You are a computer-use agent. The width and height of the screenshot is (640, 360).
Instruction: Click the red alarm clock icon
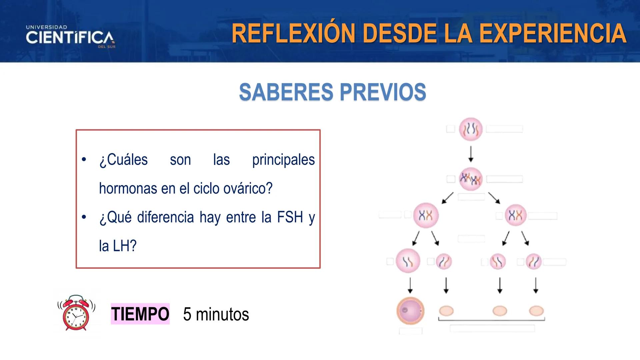point(76,313)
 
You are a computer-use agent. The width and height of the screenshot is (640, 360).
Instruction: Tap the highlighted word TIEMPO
point(140,314)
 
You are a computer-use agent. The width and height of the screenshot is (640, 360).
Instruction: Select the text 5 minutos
point(216,314)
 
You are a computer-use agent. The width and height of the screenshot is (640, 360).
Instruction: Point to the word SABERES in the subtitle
point(286,92)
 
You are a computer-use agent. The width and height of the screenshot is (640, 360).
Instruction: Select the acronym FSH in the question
point(290,217)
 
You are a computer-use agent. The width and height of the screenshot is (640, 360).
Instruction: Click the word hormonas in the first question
point(128,188)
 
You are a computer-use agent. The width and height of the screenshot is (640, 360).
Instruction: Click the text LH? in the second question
point(125,246)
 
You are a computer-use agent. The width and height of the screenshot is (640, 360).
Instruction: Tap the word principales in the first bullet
point(283,160)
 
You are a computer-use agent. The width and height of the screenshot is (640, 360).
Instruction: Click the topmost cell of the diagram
point(471,129)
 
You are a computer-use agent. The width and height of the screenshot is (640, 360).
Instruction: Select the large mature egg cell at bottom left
point(410,311)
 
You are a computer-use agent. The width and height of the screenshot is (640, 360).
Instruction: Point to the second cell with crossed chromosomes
point(471,179)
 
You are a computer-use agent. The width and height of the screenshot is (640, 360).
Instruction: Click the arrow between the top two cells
point(471,154)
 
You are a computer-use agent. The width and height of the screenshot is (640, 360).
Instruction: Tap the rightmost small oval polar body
point(536,311)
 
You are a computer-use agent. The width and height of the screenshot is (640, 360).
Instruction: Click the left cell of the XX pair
point(426,215)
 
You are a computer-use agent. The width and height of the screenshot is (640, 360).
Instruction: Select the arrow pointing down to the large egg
point(410,285)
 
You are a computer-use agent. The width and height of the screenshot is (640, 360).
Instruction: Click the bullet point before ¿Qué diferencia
point(84,217)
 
